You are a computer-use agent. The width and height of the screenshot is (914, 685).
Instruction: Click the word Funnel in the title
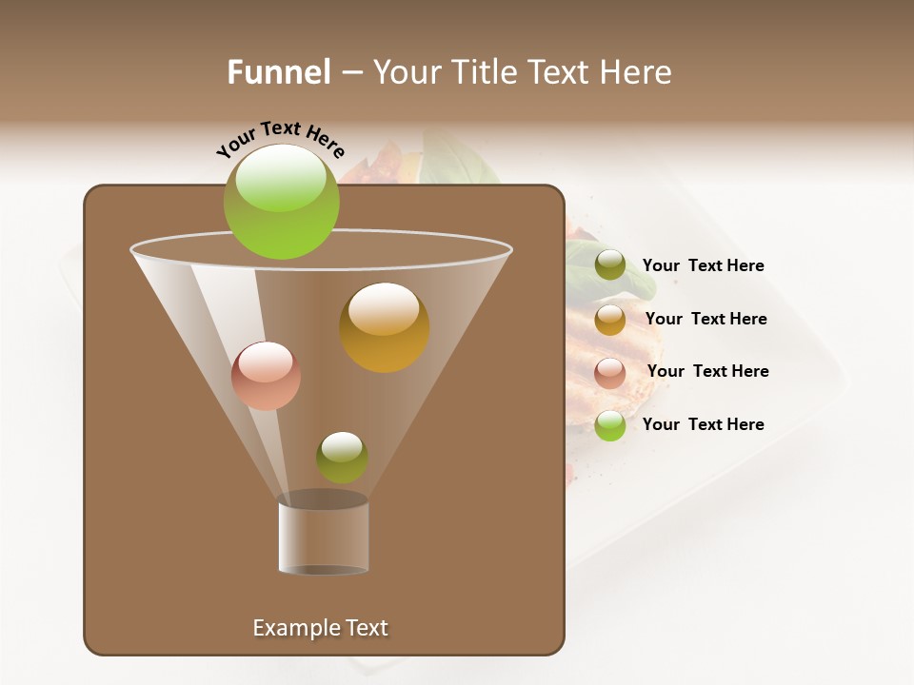click(279, 72)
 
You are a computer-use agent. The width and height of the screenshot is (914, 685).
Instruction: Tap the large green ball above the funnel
click(282, 202)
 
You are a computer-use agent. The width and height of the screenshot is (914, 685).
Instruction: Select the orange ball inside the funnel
click(385, 327)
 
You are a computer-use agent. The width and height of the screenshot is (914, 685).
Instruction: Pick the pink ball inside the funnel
click(266, 376)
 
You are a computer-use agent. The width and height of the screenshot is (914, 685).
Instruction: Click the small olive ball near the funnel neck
click(342, 457)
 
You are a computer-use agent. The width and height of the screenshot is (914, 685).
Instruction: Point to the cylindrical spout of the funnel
click(324, 537)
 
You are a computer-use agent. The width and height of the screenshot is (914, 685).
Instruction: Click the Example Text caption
click(320, 628)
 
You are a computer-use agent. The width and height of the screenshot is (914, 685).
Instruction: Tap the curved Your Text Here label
click(281, 141)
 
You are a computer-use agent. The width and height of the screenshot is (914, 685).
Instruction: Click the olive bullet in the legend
click(610, 265)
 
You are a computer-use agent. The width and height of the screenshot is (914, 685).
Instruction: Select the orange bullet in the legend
click(610, 320)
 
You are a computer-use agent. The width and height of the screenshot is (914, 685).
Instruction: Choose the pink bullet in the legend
click(610, 373)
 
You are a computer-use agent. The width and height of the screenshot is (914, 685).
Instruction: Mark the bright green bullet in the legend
click(610, 425)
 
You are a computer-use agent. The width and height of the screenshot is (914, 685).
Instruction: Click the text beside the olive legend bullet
click(703, 265)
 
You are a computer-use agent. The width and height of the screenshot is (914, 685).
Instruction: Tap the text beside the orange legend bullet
click(705, 319)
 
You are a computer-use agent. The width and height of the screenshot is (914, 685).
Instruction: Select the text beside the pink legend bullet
click(707, 371)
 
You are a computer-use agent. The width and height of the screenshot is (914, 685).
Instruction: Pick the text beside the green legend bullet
click(703, 424)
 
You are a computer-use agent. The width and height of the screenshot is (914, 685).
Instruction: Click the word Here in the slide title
click(638, 72)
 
